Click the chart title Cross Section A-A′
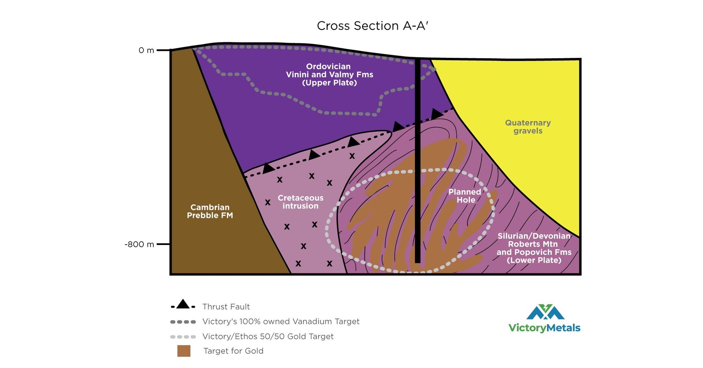click(x=372, y=26)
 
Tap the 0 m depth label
click(x=146, y=51)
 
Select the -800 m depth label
click(x=139, y=245)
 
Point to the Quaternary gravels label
click(x=528, y=127)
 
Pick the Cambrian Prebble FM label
click(x=210, y=212)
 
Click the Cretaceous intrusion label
click(x=301, y=202)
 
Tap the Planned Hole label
click(x=465, y=196)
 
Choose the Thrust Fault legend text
click(x=226, y=307)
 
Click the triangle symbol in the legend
click(x=183, y=304)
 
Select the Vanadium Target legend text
click(x=281, y=321)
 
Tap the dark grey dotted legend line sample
click(x=183, y=322)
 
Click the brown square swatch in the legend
click(x=184, y=351)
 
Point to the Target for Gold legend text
click(x=233, y=351)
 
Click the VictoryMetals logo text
click(x=544, y=327)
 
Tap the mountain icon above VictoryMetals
click(x=545, y=312)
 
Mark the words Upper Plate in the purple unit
click(x=330, y=83)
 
